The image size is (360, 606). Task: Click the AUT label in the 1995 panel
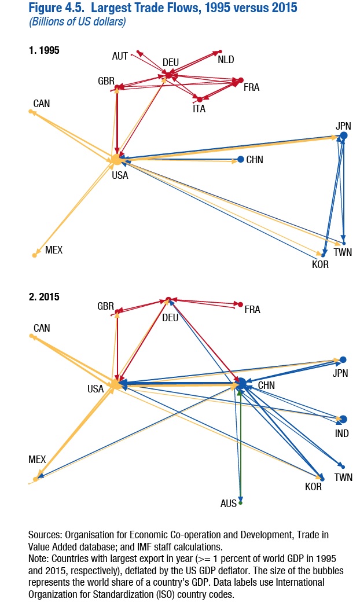[x=120, y=56]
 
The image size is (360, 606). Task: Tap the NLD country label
[x=226, y=60]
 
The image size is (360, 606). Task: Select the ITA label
[x=199, y=108]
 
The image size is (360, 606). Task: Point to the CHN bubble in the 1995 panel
[x=240, y=159]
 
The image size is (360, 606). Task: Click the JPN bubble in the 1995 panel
[x=343, y=135]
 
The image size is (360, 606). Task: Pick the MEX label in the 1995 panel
[x=53, y=251]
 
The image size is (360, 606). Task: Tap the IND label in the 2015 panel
[x=341, y=433]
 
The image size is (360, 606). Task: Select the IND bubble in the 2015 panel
[x=343, y=419]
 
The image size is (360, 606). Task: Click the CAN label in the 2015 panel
[x=42, y=328]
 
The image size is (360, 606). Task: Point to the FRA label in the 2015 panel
[x=252, y=310]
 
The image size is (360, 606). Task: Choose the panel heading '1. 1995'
[x=44, y=50]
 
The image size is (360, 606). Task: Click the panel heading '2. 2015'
[x=44, y=297]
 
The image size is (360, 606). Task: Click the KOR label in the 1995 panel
[x=319, y=265]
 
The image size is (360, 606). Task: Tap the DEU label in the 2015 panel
[x=170, y=318]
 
